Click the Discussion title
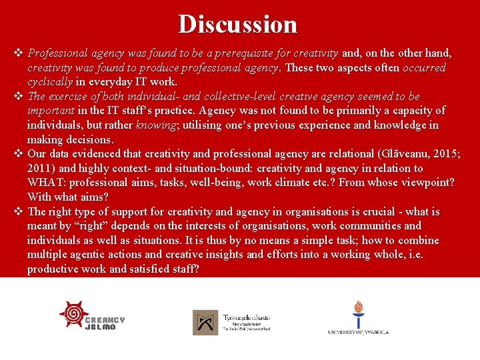(237, 24)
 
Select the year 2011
(41, 168)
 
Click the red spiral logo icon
(73, 313)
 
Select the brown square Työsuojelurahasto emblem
(205, 323)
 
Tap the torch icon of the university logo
(359, 313)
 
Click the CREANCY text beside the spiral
(105, 320)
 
